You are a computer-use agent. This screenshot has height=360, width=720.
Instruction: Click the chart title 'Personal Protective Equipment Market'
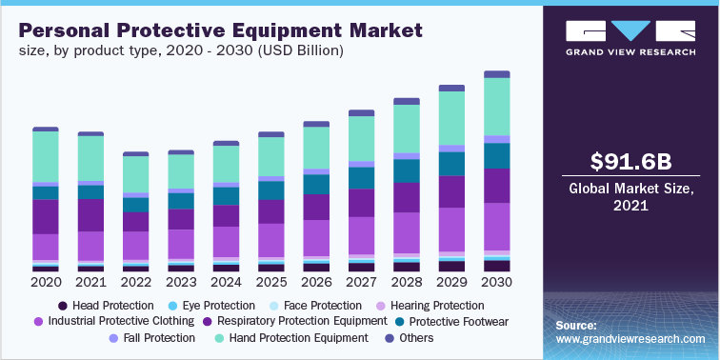coord(217,30)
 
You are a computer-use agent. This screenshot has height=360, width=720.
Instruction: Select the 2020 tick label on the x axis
coord(46,283)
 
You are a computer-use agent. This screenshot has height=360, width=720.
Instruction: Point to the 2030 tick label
coord(497,283)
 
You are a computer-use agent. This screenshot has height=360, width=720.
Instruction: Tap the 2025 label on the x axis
coord(271,283)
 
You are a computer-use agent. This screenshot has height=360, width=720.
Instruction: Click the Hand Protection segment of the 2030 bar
coord(497,107)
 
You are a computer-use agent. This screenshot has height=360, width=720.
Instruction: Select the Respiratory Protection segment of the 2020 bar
coord(46,216)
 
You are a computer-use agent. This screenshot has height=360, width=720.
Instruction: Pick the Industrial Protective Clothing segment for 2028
coord(407,232)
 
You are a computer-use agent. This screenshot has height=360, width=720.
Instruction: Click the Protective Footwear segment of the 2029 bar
coord(451,164)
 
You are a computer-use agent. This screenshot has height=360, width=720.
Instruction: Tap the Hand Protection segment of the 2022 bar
coord(136,174)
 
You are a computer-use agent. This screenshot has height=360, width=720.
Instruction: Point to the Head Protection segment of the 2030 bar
coord(497,266)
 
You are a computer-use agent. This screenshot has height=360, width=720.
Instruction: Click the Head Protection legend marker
coord(63,306)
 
